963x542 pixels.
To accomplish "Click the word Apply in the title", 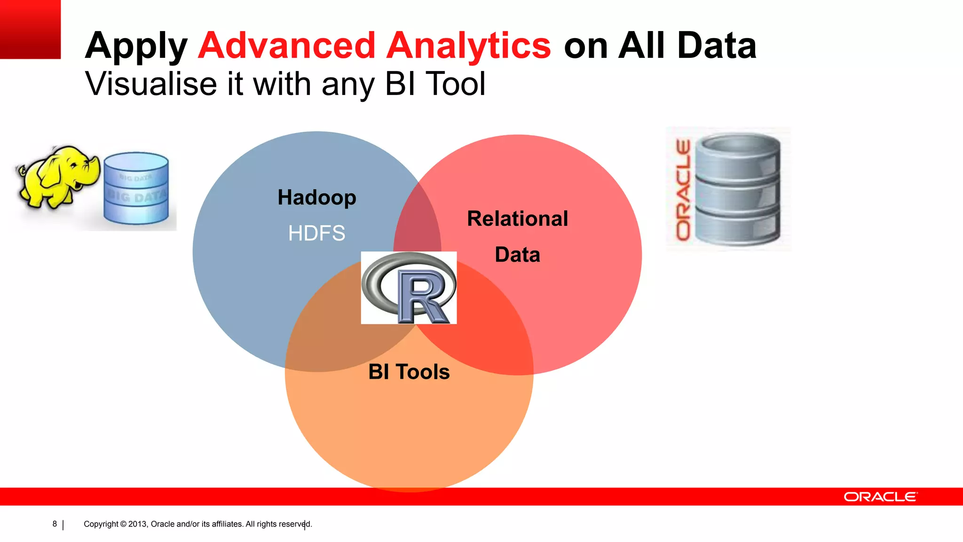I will coord(136,46).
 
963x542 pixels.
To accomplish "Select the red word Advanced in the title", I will coord(286,46).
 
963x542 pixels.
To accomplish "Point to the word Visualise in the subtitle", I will coord(151,84).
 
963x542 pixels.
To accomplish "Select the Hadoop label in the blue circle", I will coord(316,198).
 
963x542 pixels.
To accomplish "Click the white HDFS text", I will coord(316,233).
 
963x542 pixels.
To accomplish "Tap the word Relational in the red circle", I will coord(517,219).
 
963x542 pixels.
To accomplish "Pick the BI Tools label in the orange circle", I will coord(409,372).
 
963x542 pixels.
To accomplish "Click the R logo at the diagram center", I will coord(409,287).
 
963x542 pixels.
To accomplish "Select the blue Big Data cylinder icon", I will coord(136,188).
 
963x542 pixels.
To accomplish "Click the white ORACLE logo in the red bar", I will coord(880,497).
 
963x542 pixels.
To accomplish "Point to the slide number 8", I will coord(55,524).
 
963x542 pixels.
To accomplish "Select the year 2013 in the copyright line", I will coord(137,524).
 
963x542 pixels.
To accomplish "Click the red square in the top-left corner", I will coord(30,29).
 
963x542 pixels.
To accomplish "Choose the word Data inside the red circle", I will coord(517,255).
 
